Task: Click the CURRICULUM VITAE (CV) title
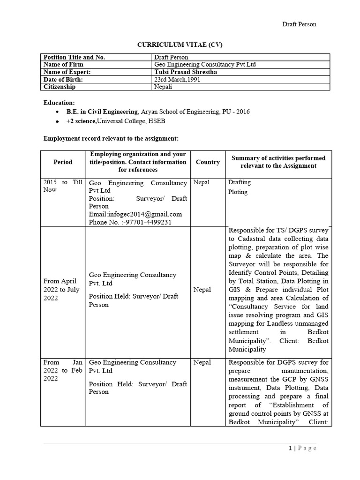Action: click(180, 45)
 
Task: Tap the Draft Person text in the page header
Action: click(299, 24)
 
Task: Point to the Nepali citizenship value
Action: click(163, 87)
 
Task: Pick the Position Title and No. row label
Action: click(74, 57)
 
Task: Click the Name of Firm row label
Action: click(64, 65)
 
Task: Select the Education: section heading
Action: click(59, 103)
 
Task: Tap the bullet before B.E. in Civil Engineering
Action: click(57, 112)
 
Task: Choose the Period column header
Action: click(63, 162)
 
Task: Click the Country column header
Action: click(208, 162)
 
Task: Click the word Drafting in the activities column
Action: click(239, 182)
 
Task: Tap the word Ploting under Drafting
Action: click(238, 192)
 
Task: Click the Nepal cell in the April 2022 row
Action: click(202, 290)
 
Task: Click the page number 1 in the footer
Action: click(290, 448)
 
